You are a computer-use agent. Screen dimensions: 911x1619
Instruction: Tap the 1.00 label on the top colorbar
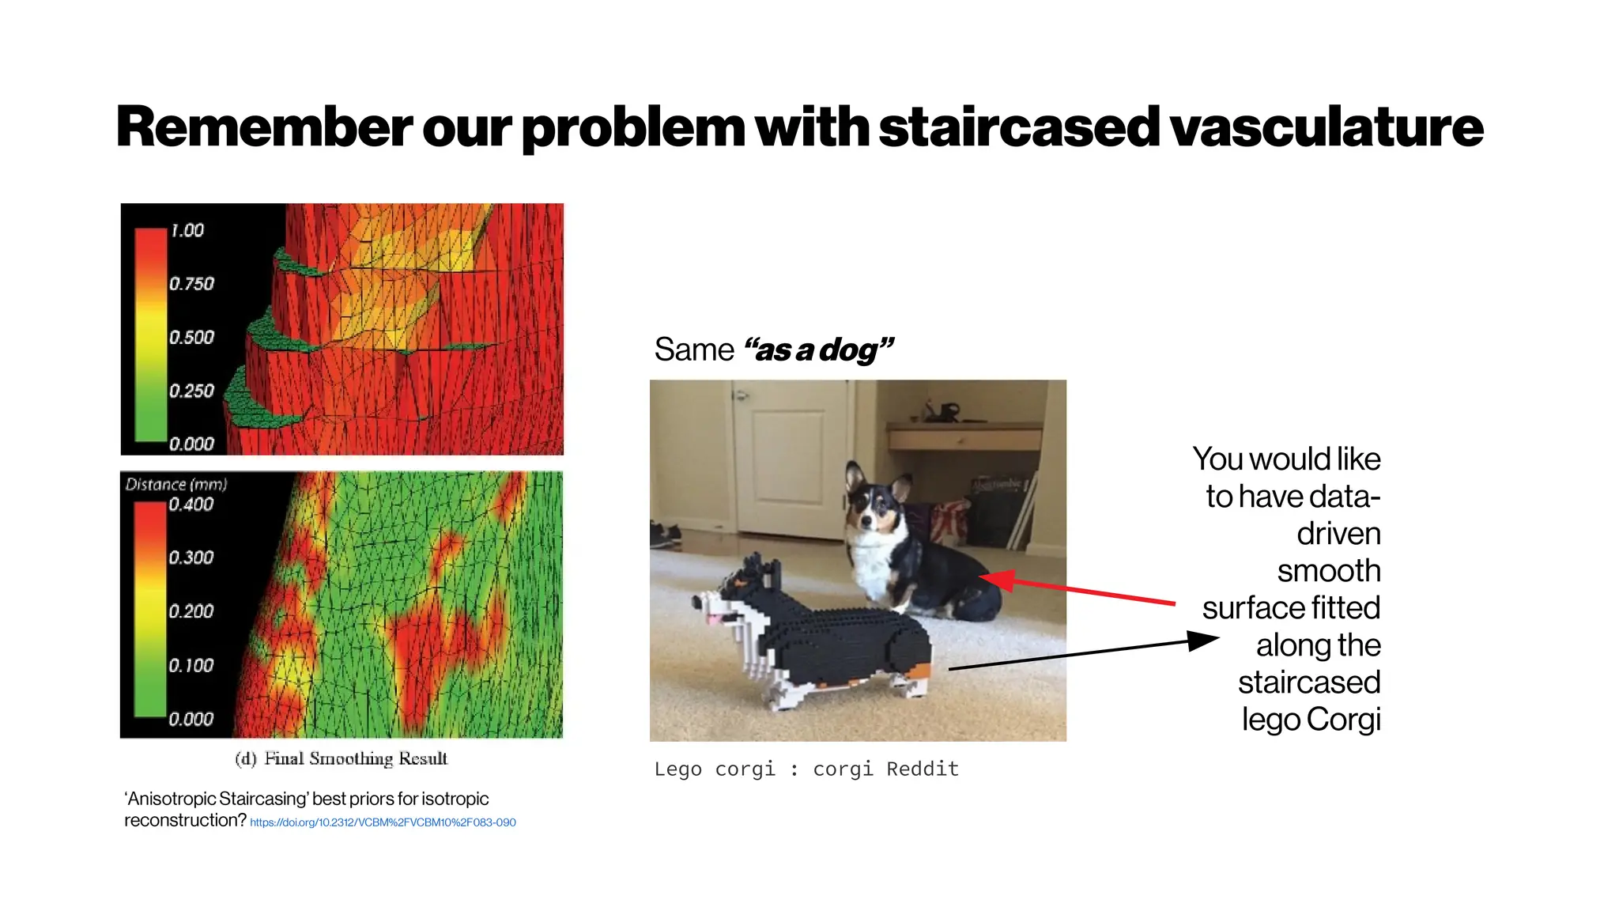click(187, 230)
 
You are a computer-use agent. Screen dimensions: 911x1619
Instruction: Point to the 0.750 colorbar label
click(191, 284)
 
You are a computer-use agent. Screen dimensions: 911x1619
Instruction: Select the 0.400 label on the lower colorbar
click(191, 505)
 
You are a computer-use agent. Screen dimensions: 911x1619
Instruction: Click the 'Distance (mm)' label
click(175, 484)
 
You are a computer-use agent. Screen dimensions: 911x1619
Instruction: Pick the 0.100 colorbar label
click(191, 666)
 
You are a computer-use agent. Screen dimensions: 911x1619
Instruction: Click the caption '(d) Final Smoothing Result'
click(342, 758)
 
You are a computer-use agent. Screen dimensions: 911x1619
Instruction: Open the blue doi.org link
click(383, 822)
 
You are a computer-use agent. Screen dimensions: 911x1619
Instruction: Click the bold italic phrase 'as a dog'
click(819, 350)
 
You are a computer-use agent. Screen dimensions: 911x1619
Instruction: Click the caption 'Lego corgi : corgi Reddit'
click(806, 769)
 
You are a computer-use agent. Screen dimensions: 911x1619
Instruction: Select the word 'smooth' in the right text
click(1328, 570)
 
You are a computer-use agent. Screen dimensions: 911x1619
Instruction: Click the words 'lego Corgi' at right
click(1311, 719)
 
